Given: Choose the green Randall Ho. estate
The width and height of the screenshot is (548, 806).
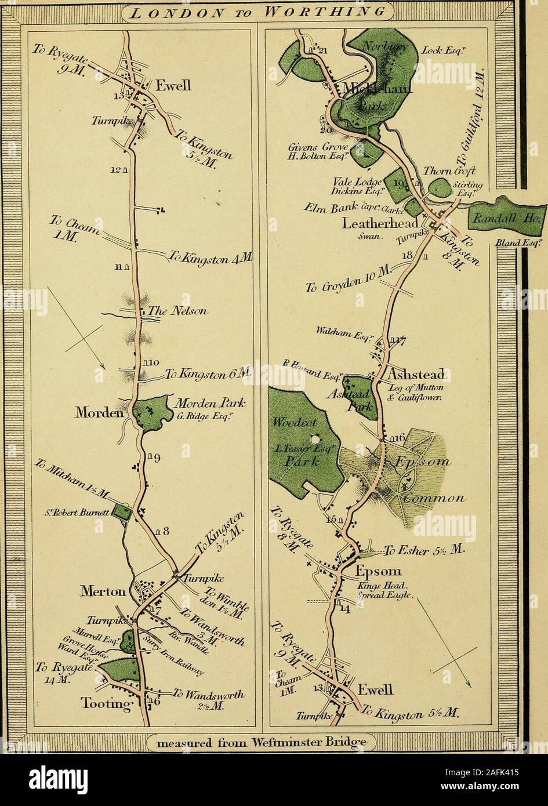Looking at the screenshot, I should click(505, 217).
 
